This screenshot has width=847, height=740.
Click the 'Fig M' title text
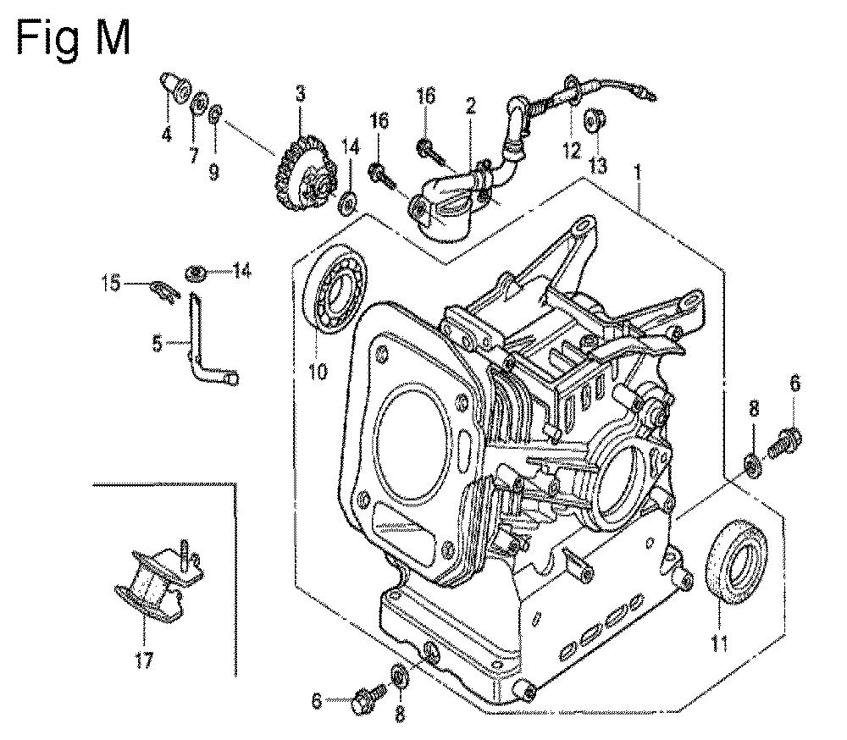[x=74, y=38]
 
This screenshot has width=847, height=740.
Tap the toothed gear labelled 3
[x=305, y=170]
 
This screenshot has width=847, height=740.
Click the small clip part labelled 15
[x=162, y=290]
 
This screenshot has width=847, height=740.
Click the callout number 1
[x=638, y=173]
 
